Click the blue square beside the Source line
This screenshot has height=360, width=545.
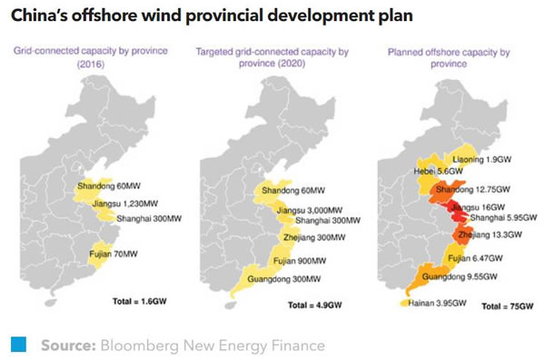17,345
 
